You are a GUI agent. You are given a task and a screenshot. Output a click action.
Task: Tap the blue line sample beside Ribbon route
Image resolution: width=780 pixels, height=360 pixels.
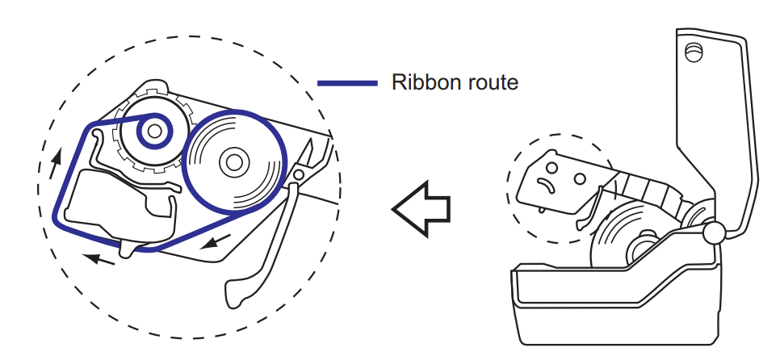click(x=347, y=82)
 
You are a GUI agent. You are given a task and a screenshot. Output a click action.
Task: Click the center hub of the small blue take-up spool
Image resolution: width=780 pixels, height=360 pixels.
click(x=153, y=129)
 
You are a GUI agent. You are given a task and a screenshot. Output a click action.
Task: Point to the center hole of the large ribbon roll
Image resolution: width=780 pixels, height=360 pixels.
click(x=233, y=161)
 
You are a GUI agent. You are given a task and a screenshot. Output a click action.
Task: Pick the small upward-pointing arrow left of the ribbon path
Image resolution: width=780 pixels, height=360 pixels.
click(x=54, y=165)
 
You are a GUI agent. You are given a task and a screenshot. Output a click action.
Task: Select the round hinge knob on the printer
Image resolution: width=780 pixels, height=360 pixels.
click(x=714, y=232)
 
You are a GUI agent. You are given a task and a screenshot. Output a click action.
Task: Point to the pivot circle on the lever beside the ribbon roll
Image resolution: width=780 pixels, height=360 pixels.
click(x=299, y=172)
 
